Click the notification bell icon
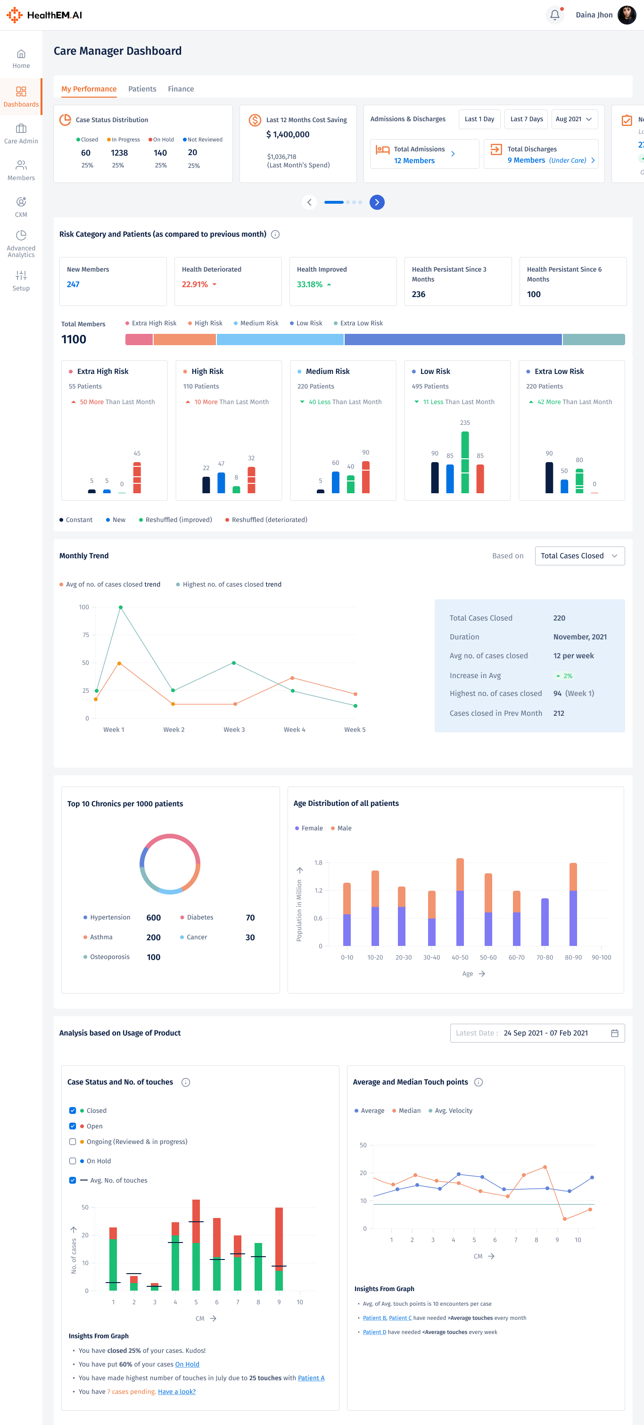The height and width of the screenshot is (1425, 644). [554, 15]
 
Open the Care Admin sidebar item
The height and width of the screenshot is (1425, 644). [21, 134]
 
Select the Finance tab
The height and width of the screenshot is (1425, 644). [181, 89]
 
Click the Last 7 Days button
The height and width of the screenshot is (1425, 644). [526, 119]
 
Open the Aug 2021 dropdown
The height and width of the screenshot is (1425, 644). [574, 119]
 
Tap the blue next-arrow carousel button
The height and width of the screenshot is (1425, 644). [377, 202]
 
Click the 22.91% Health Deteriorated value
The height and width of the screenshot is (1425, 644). [195, 284]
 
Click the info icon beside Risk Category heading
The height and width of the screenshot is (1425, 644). [275, 234]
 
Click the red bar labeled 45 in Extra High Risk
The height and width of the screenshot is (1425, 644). [137, 477]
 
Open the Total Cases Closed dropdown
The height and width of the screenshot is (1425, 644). [579, 556]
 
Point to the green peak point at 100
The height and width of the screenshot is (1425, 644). [121, 607]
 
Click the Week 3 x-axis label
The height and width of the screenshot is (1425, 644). [234, 729]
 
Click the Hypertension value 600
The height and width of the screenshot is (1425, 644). [153, 918]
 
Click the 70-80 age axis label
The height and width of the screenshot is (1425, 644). [545, 958]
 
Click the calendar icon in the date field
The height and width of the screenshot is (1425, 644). [614, 1033]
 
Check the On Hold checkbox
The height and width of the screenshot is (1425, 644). [73, 1161]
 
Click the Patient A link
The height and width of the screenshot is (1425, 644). [311, 1378]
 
